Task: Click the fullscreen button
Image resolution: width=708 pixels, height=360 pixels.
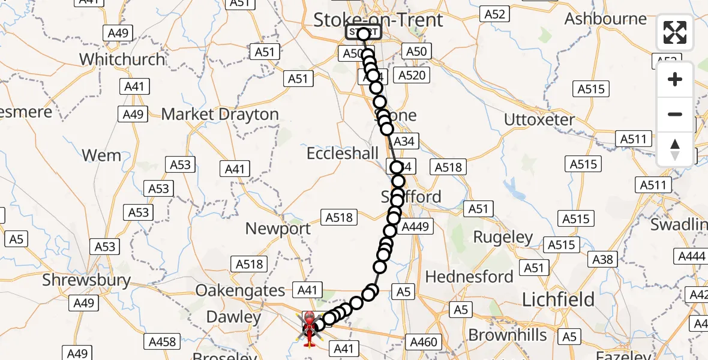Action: [x=675, y=32]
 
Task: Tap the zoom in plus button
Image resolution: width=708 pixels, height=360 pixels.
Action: [x=675, y=79]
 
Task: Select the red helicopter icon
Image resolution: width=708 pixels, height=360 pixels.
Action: [x=309, y=329]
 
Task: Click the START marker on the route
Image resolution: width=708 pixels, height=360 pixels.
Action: [x=363, y=32]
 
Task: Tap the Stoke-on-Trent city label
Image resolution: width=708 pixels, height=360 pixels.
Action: [x=378, y=20]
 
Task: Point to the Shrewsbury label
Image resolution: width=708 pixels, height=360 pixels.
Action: [x=86, y=280]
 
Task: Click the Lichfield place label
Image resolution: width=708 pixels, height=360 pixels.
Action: [x=558, y=299]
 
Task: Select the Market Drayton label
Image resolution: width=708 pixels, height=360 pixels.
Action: [x=220, y=114]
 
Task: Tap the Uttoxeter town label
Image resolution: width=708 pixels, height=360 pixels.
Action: [x=539, y=119]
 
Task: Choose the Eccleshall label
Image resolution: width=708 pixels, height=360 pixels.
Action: [x=343, y=154]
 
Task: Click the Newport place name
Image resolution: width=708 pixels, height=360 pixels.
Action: [x=278, y=229]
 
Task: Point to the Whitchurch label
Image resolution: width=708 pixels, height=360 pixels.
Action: [x=122, y=59]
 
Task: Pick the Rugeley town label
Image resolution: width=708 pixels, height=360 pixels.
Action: [x=503, y=236]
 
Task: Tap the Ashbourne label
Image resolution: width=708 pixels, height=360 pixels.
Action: [x=605, y=19]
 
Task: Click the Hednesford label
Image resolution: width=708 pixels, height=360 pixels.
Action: [x=469, y=277]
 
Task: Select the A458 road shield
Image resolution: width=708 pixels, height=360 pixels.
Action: [x=162, y=341]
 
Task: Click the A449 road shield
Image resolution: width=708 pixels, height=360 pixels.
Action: [x=415, y=227]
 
